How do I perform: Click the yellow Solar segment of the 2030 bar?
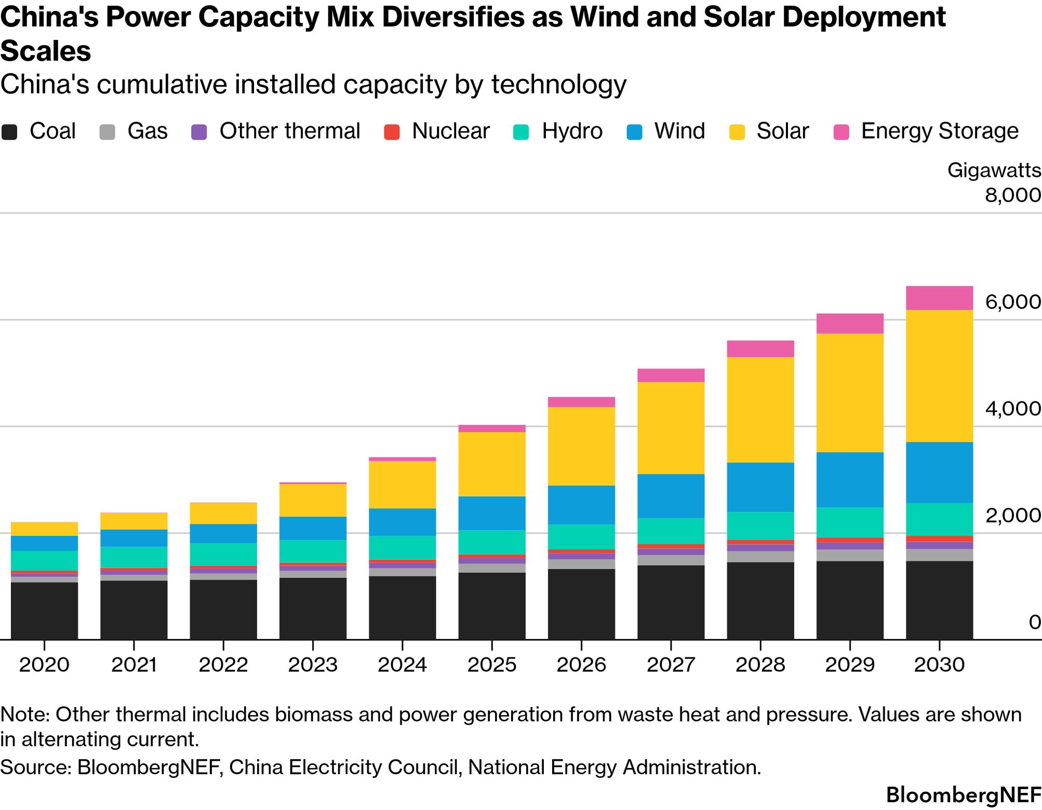tap(939, 376)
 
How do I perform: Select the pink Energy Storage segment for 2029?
tap(850, 323)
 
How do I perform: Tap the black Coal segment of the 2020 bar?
tap(44, 611)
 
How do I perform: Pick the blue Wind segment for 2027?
tap(671, 496)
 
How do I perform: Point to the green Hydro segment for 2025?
tap(492, 542)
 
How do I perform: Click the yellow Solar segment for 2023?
tap(313, 500)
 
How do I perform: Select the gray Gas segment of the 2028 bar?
tap(760, 557)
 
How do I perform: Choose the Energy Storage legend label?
tap(940, 131)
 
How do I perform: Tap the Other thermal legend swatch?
tap(199, 132)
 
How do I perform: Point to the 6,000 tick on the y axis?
tap(1012, 302)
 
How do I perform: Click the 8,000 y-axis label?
tap(1012, 195)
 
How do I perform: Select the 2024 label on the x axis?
tap(403, 665)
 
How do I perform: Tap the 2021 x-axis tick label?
tap(134, 665)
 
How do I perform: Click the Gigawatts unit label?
tap(994, 170)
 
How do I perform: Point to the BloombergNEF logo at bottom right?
tap(964, 795)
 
